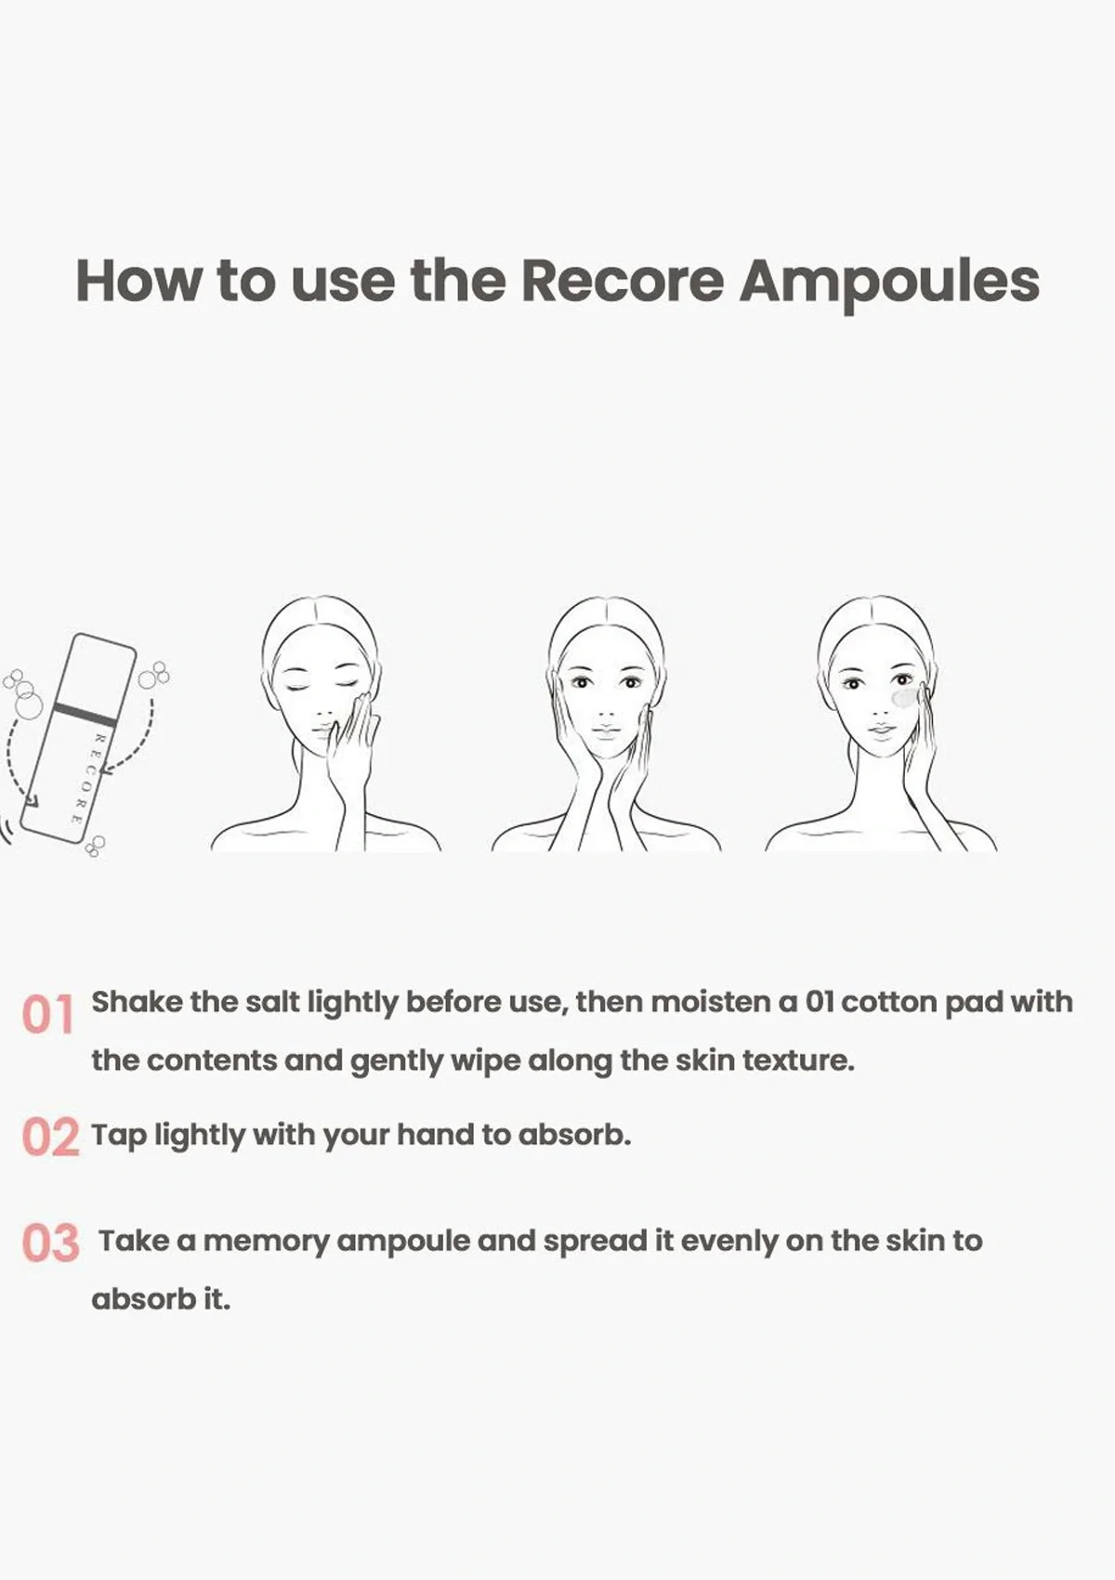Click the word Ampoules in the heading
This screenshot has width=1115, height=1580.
click(x=888, y=280)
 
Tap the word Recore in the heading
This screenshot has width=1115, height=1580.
click(x=622, y=280)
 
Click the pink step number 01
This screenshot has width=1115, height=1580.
click(x=47, y=1015)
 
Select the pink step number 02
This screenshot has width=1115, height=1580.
click(x=50, y=1137)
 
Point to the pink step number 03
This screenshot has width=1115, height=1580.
click(x=50, y=1244)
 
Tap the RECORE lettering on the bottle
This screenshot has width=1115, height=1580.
click(x=87, y=779)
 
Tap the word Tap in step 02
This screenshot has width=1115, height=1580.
click(x=118, y=1135)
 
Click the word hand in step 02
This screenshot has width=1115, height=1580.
click(x=435, y=1135)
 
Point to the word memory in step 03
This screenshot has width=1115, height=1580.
click(x=266, y=1241)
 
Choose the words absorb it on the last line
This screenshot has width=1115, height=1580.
click(x=160, y=1298)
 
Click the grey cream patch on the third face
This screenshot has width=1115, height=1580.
click(x=903, y=697)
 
